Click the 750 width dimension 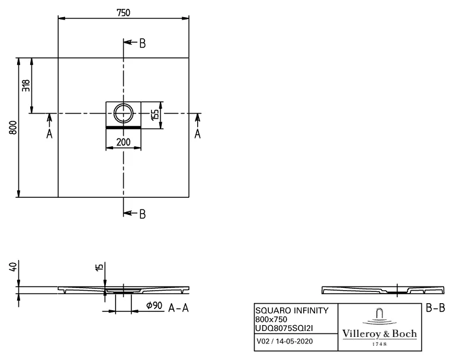point(123,12)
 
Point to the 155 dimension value point(155,114)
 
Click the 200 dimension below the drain point(123,142)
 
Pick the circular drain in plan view point(124,112)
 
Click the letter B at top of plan point(142,43)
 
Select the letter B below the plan point(142,214)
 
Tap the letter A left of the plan point(49,134)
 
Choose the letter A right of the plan point(198,134)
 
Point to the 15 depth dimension point(99,268)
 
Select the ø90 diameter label point(155,307)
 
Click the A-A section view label point(179,308)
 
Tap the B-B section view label point(435,308)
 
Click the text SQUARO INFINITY point(287,310)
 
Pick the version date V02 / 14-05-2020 point(284,341)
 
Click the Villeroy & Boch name point(380,334)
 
